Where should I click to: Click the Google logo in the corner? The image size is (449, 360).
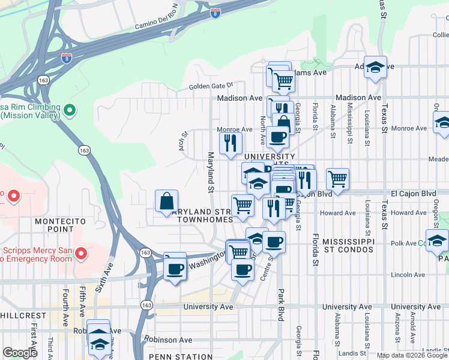pyautogui.click(x=20, y=353)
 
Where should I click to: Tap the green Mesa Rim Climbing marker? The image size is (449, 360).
pyautogui.click(x=70, y=110)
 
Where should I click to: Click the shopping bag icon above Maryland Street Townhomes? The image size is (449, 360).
pyautogui.click(x=166, y=202)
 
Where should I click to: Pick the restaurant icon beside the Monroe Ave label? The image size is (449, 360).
pyautogui.click(x=231, y=143)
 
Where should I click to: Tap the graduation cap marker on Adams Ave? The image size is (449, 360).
pyautogui.click(x=375, y=68)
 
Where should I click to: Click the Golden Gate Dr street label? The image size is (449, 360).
pyautogui.click(x=210, y=86)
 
